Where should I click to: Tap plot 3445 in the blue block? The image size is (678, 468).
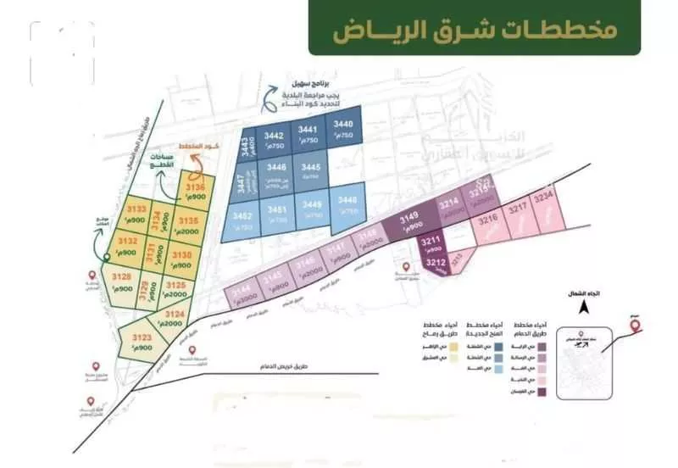tap(310, 171)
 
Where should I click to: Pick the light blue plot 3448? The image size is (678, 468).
tap(347, 203)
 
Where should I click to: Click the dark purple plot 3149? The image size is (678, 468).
tap(408, 221)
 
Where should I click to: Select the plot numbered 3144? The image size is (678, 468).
tap(242, 293)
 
